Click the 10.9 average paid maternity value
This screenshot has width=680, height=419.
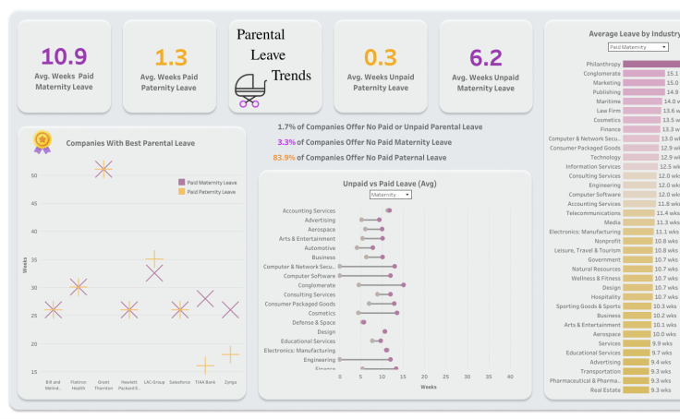(x=64, y=57)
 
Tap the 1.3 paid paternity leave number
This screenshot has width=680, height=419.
(x=169, y=57)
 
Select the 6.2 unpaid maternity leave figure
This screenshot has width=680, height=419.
(x=486, y=57)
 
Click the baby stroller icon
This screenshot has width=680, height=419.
(x=249, y=90)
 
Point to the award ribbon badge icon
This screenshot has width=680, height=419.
(x=42, y=141)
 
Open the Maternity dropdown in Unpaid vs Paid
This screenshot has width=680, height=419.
(x=390, y=195)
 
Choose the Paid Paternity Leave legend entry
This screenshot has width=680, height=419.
(x=212, y=192)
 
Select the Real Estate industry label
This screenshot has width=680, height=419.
(x=605, y=390)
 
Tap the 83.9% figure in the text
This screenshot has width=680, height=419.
(x=283, y=158)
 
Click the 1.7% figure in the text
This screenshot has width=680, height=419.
(x=286, y=126)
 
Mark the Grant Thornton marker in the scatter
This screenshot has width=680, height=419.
(x=103, y=168)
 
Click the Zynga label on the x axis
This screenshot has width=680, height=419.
(x=231, y=381)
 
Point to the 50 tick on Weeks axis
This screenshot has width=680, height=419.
(x=34, y=174)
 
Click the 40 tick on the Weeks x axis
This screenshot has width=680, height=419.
(x=509, y=376)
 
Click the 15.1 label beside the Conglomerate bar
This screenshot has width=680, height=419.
(x=673, y=73)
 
